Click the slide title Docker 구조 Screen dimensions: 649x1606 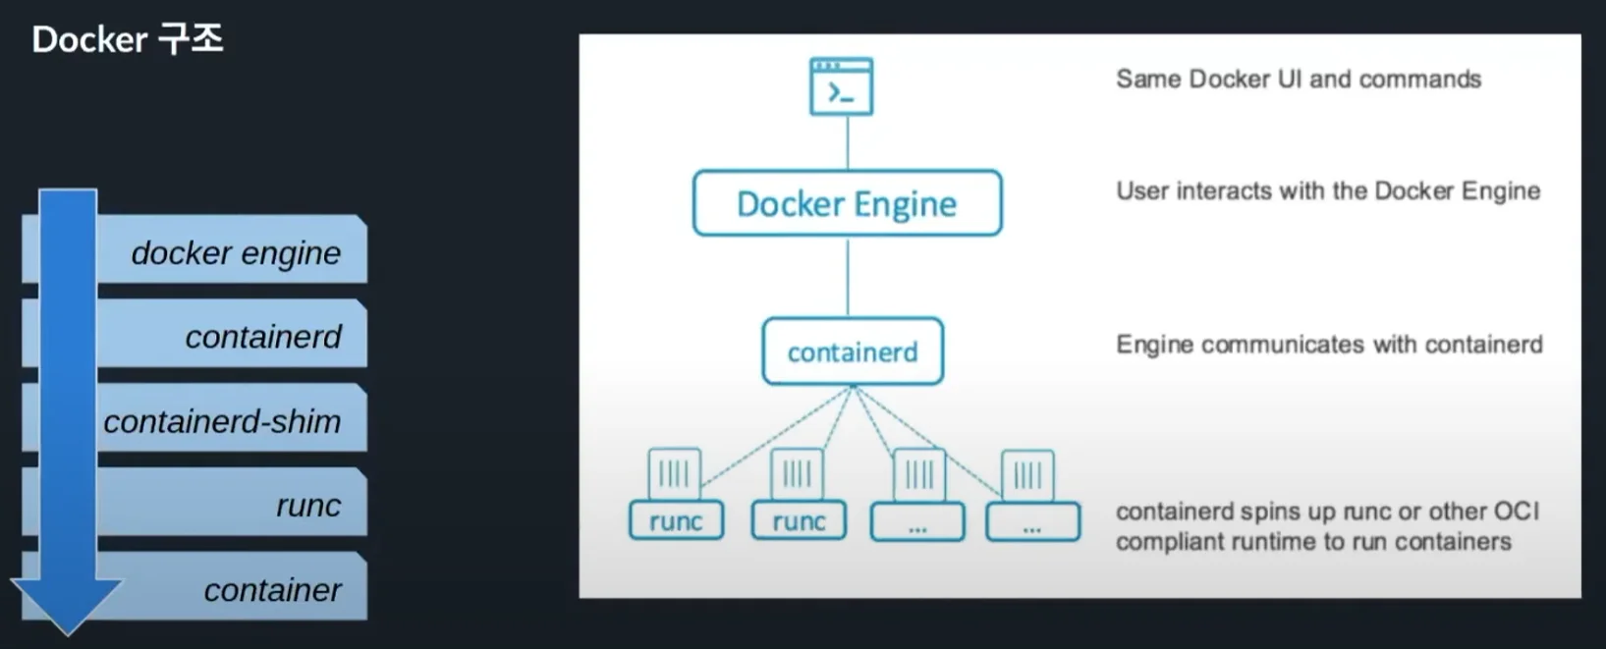tap(128, 39)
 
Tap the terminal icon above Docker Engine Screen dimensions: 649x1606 tap(841, 87)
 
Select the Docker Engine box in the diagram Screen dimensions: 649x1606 tap(847, 203)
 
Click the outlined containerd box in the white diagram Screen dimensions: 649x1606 tap(853, 352)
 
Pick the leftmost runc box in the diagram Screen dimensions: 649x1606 tap(676, 521)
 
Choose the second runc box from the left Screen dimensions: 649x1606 tap(799, 521)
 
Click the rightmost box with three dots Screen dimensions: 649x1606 tap(1032, 522)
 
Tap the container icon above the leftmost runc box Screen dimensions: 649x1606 tap(675, 474)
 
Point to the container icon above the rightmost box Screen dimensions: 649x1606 tap(1027, 475)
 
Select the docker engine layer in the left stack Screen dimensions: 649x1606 tap(236, 252)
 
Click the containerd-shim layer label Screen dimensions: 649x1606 tap(222, 421)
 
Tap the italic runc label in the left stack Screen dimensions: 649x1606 tap(307, 506)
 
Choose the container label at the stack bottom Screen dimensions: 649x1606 tap(272, 590)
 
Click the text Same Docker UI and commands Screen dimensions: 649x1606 tap(1298, 80)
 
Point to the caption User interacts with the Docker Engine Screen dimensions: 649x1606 tap(1327, 191)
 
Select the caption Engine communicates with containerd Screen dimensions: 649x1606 tap(1328, 345)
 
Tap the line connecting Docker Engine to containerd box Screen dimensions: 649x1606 tap(848, 276)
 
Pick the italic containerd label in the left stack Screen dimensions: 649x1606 tap(262, 337)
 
